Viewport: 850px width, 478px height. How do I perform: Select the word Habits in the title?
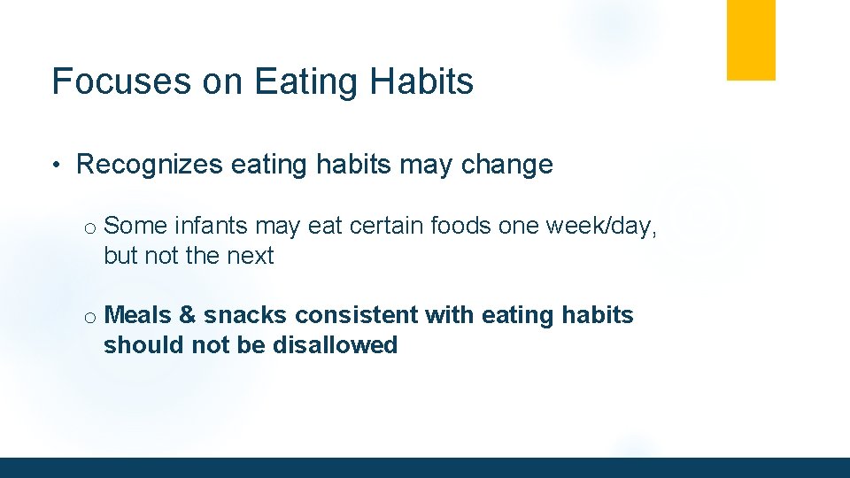(x=422, y=81)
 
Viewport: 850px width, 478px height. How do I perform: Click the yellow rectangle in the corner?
(x=751, y=40)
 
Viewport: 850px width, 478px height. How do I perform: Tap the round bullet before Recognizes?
(x=55, y=165)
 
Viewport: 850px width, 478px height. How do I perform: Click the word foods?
(x=461, y=226)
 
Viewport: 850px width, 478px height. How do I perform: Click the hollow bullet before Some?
(x=90, y=228)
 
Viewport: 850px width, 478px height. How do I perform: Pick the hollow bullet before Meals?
(x=90, y=317)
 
